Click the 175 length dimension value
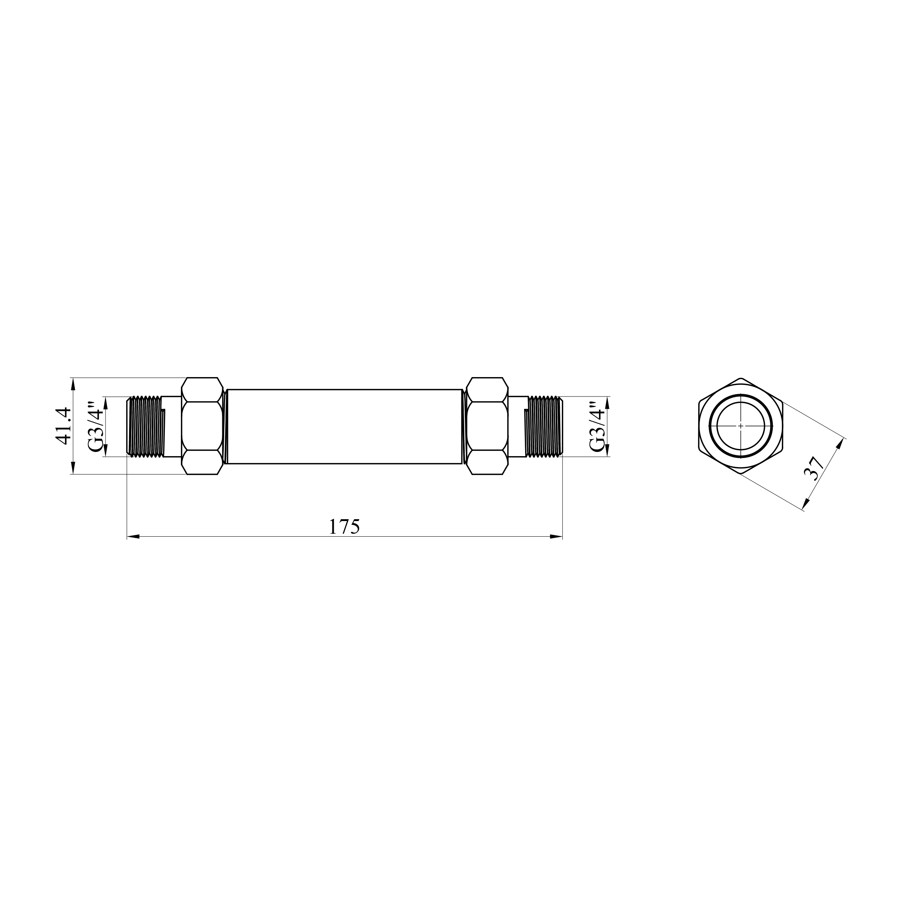[x=344, y=526]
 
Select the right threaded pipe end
[x=544, y=426]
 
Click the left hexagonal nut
[x=202, y=426]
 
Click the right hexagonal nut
[x=487, y=426]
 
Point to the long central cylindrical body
[x=344, y=426]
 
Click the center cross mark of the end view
[x=740, y=426]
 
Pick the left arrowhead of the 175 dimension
[x=133, y=537]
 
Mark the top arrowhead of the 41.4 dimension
[x=73, y=384]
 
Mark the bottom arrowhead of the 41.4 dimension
[x=73, y=468]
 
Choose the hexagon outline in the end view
[x=700, y=426]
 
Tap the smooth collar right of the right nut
[x=517, y=426]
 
